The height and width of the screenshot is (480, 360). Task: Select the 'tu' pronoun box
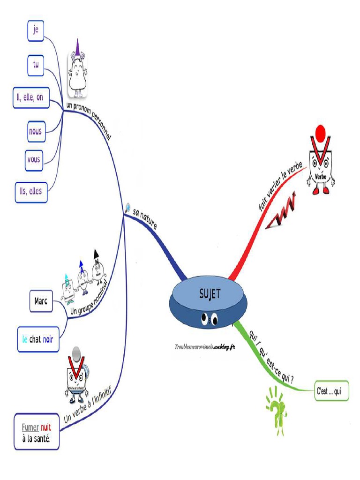click(35, 65)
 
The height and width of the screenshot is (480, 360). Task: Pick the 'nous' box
click(35, 132)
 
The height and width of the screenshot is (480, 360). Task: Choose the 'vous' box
click(34, 160)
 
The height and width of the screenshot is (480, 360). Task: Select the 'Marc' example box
click(41, 300)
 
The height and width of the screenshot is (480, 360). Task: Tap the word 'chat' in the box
click(35, 339)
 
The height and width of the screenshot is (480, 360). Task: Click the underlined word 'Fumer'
click(29, 427)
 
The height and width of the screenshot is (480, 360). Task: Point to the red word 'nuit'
click(46, 427)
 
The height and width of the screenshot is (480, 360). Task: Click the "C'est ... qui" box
click(331, 391)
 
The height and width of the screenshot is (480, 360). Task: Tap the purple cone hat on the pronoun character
click(78, 47)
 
